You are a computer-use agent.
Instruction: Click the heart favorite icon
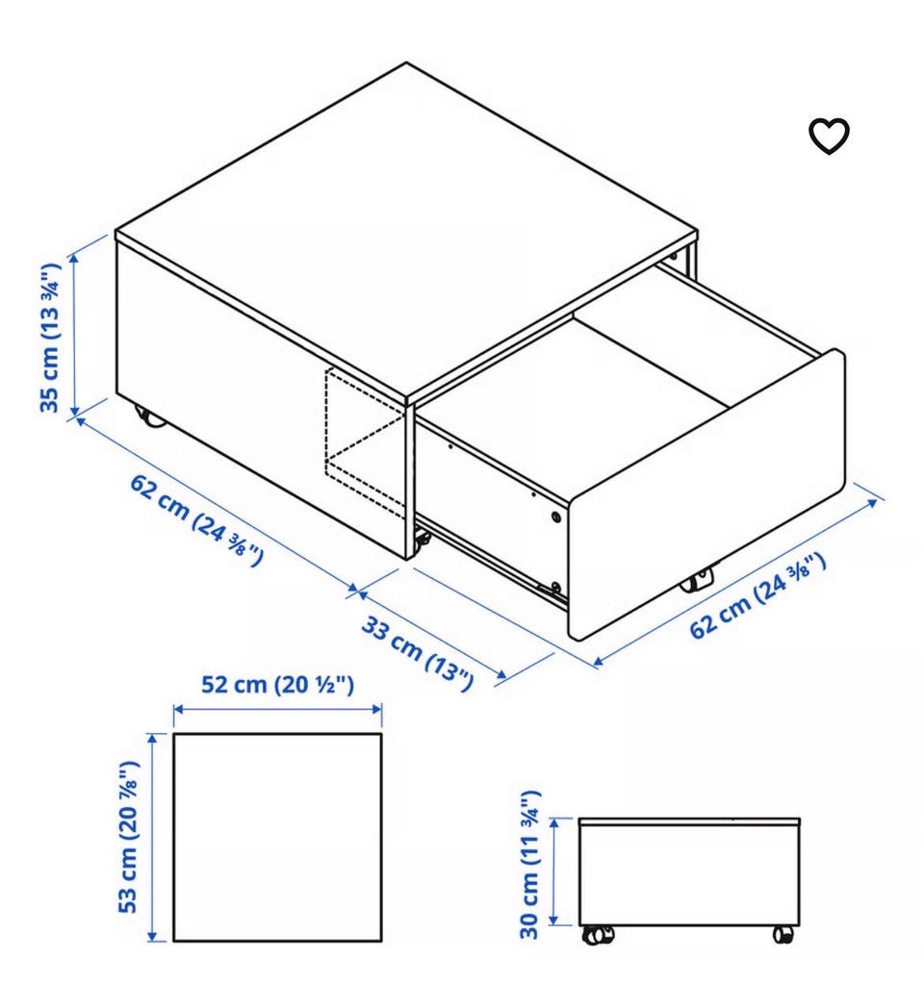(x=829, y=136)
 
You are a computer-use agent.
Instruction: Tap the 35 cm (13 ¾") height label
(x=49, y=338)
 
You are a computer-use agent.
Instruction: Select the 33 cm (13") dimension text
(x=417, y=653)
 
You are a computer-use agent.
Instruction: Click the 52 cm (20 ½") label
(x=277, y=684)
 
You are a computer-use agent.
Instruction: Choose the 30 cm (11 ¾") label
(x=529, y=864)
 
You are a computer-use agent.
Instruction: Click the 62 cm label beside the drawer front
(x=757, y=595)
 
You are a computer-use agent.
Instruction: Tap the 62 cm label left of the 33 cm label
(x=196, y=520)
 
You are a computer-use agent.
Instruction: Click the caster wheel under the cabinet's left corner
(x=150, y=416)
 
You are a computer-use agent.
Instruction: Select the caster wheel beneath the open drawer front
(x=697, y=580)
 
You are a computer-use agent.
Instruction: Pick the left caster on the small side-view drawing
(x=598, y=934)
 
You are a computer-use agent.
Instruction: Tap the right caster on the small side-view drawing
(x=783, y=934)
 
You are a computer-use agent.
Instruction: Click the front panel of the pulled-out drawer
(x=706, y=495)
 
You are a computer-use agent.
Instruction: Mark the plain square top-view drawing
(x=277, y=837)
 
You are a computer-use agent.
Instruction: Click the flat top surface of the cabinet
(x=406, y=232)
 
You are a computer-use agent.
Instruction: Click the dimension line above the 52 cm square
(x=277, y=709)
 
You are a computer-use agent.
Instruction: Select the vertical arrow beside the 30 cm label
(x=553, y=871)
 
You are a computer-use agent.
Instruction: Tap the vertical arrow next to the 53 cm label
(x=151, y=837)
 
